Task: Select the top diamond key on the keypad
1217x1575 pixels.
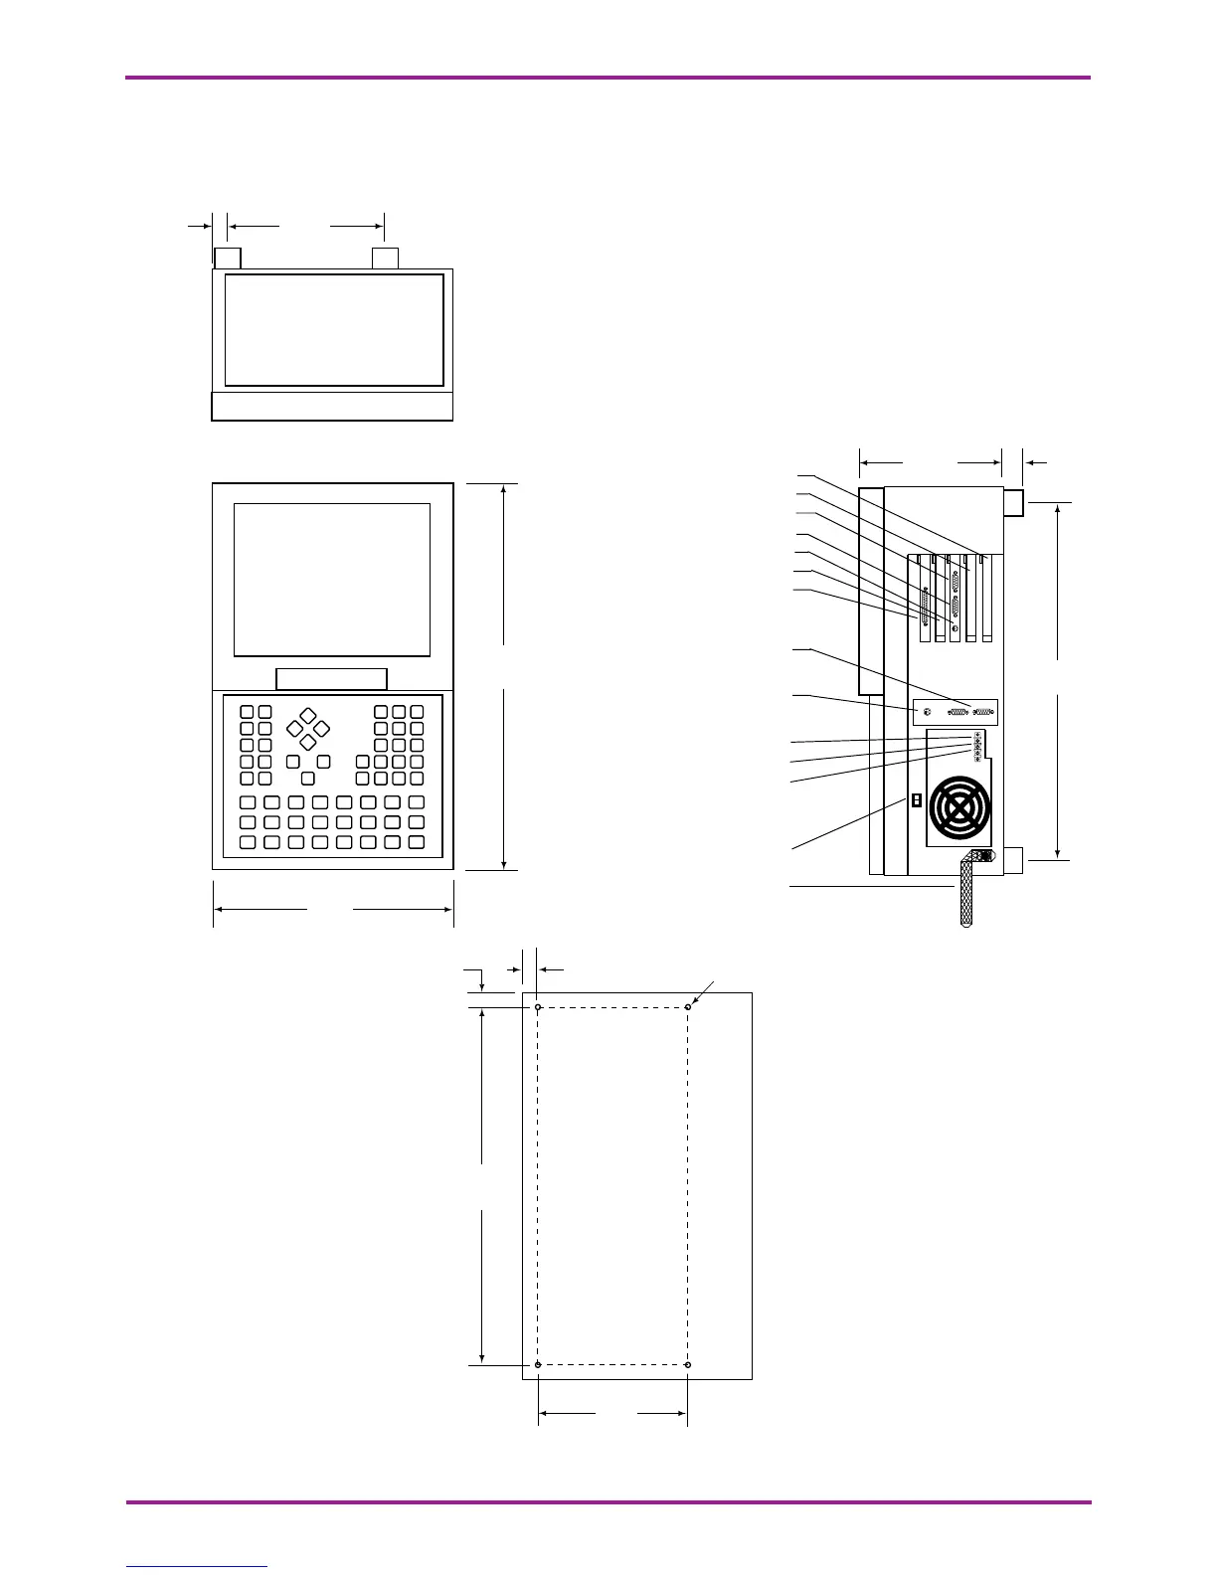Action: pyautogui.click(x=308, y=715)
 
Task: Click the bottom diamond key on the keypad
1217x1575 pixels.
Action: pyautogui.click(x=308, y=742)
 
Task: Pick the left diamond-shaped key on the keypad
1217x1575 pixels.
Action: pyautogui.click(x=295, y=728)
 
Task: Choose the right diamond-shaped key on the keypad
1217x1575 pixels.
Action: pyautogui.click(x=321, y=728)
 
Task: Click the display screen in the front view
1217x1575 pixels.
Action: pyautogui.click(x=332, y=579)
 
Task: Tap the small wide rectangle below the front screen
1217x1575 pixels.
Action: pyautogui.click(x=331, y=679)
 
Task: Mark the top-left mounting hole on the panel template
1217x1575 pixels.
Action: pyautogui.click(x=538, y=1007)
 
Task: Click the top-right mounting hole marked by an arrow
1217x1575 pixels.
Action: pyautogui.click(x=688, y=1007)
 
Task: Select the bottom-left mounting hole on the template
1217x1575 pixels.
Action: pyautogui.click(x=538, y=1365)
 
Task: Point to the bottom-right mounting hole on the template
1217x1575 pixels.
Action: pyautogui.click(x=688, y=1365)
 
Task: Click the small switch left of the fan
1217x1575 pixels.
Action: pyautogui.click(x=917, y=800)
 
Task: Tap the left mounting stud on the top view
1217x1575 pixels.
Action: pyautogui.click(x=228, y=259)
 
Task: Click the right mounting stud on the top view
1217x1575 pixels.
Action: pyautogui.click(x=385, y=259)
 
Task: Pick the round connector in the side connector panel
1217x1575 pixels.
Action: pyautogui.click(x=927, y=712)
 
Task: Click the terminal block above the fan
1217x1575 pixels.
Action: pyautogui.click(x=977, y=745)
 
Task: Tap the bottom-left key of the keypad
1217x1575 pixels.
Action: pyautogui.click(x=248, y=842)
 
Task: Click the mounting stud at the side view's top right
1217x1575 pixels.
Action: pyautogui.click(x=1012, y=502)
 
